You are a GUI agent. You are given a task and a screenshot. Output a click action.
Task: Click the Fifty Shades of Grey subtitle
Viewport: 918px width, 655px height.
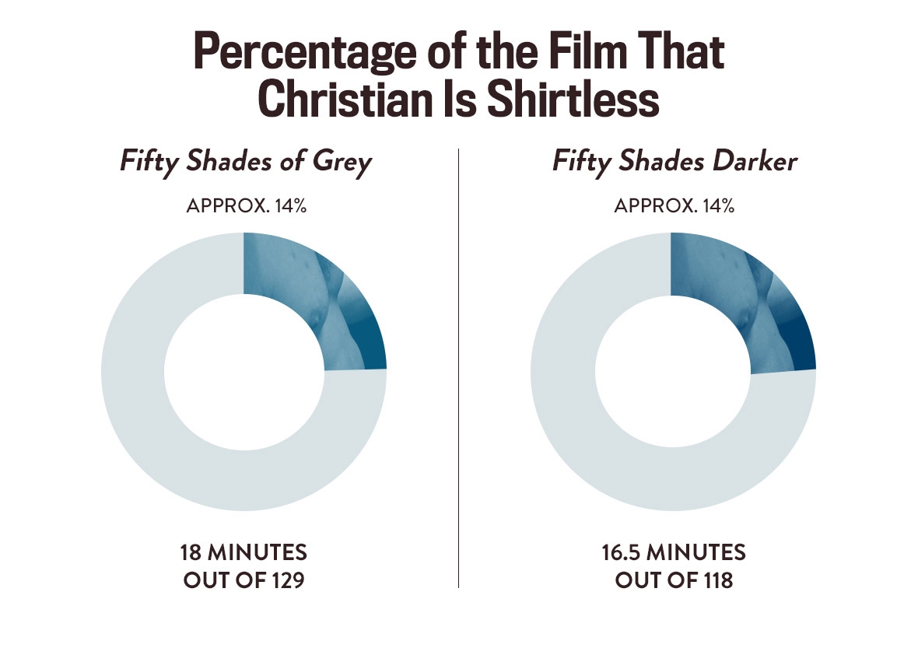pos(245,163)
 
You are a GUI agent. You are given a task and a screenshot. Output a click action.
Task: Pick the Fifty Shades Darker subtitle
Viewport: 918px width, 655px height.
pos(674,163)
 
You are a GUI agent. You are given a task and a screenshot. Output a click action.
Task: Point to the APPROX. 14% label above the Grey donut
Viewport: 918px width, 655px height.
pos(244,206)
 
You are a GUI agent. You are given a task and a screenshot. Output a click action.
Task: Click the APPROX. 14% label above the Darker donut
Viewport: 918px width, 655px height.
pos(674,206)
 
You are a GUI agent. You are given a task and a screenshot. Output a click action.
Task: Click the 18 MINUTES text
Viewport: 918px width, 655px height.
pos(244,553)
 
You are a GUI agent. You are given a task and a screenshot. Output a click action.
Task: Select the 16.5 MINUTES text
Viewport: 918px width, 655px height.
pos(674,553)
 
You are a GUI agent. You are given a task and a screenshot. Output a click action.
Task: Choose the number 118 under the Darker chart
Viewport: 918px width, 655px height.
pos(716,580)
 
